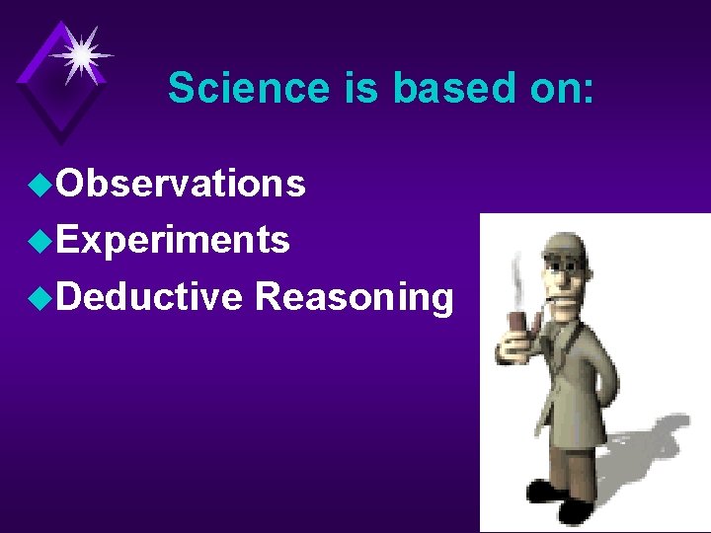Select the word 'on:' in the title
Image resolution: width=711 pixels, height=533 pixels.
pos(558,88)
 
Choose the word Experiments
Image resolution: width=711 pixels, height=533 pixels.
pos(172,240)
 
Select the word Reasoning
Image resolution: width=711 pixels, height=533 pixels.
pos(355,297)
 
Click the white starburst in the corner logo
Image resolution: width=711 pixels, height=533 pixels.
pos(82,54)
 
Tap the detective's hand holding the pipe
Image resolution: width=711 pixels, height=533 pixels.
pos(513,345)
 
